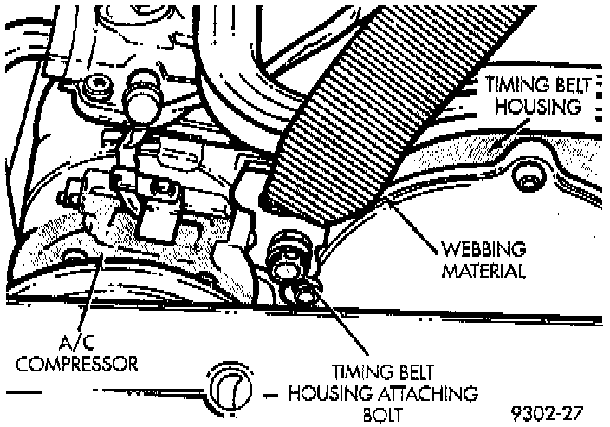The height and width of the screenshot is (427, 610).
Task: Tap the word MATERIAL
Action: click(484, 270)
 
